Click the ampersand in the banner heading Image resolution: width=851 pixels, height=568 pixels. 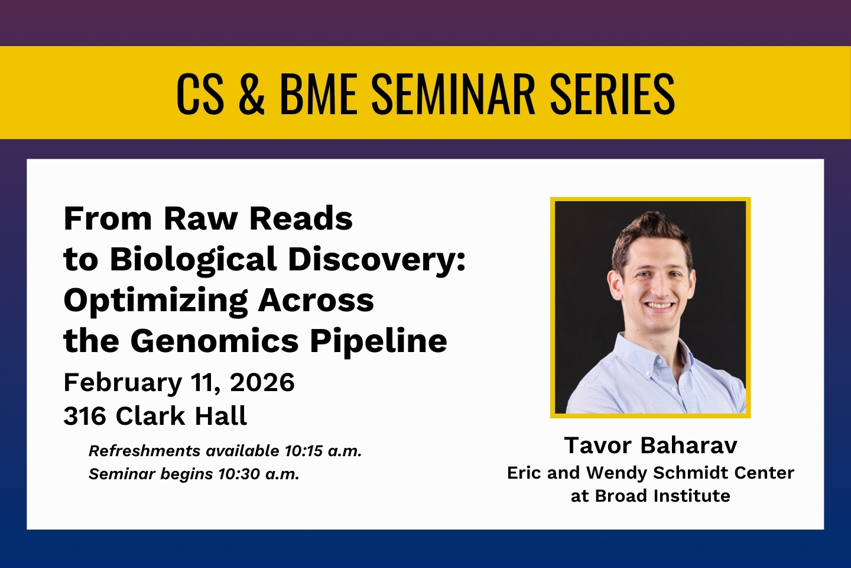(x=251, y=93)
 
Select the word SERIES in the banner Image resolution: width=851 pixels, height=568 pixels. (x=612, y=93)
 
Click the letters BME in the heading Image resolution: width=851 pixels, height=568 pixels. (x=319, y=93)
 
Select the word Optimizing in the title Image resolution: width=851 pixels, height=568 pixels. (x=156, y=301)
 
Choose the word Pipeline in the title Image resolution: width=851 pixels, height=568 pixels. (x=378, y=340)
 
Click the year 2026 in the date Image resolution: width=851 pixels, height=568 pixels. (x=262, y=382)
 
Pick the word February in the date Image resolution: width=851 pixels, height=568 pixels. (x=123, y=383)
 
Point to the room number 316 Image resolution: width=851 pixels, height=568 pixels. (x=85, y=416)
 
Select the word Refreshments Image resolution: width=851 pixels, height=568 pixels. (x=145, y=451)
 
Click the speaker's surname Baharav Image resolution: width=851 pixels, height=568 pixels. (x=689, y=446)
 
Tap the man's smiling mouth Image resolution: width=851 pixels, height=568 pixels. (x=659, y=305)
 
